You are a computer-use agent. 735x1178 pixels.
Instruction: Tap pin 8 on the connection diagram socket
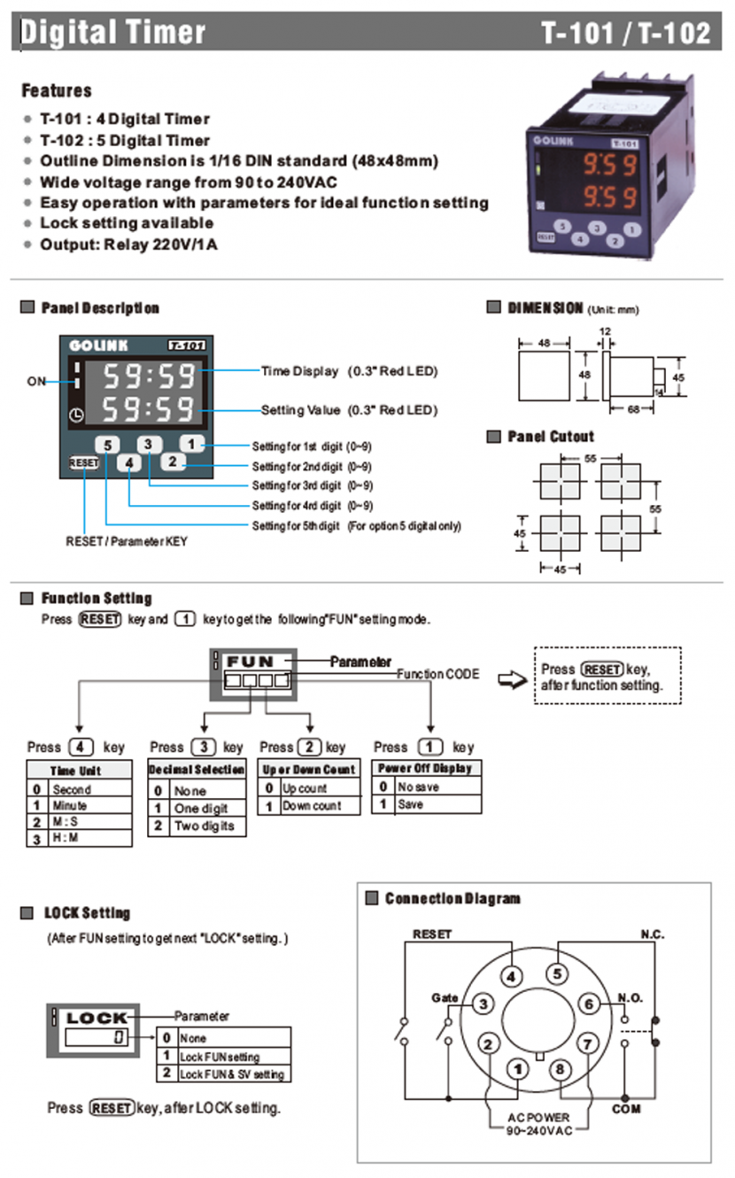pyautogui.click(x=559, y=1069)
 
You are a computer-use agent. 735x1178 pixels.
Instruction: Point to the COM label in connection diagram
pyautogui.click(x=626, y=1108)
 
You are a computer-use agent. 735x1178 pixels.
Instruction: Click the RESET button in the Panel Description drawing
pyautogui.click(x=84, y=462)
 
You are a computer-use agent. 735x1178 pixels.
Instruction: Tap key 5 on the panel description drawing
pyautogui.click(x=107, y=445)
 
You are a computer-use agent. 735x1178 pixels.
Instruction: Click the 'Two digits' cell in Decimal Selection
pyautogui.click(x=205, y=825)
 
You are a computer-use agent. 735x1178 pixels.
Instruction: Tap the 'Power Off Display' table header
pyautogui.click(x=425, y=768)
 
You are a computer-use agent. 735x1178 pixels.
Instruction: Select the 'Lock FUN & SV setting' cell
pyautogui.click(x=232, y=1073)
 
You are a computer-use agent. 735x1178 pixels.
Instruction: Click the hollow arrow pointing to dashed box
pyautogui.click(x=511, y=678)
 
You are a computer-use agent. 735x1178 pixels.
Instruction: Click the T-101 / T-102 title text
pyautogui.click(x=626, y=34)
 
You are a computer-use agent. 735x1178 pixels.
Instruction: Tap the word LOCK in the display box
pyautogui.click(x=97, y=1018)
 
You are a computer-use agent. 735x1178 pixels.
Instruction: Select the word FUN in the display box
pyautogui.click(x=251, y=662)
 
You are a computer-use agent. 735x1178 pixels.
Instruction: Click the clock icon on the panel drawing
pyautogui.click(x=76, y=415)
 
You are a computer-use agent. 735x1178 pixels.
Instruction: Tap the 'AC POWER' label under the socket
pyautogui.click(x=538, y=1118)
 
